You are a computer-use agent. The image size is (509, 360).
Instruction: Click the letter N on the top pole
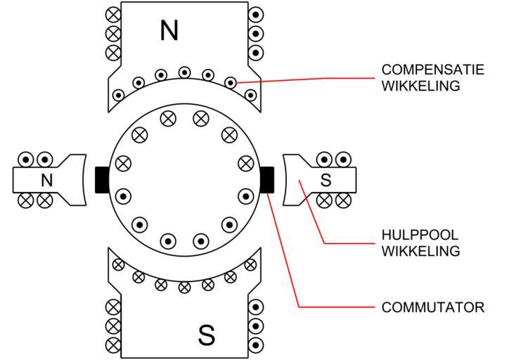pos(169,30)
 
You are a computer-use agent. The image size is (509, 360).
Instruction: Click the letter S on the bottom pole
pos(206,335)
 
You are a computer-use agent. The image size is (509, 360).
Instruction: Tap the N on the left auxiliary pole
pos(46,180)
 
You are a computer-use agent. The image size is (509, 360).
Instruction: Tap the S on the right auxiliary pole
pos(326,180)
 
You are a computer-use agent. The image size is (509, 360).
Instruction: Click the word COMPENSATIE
pos(426,70)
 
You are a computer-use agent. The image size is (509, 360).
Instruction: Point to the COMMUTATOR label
pos(432,307)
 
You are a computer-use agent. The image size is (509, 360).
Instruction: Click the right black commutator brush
pos(267,179)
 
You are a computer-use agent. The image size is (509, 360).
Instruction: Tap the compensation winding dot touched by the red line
pos(231,82)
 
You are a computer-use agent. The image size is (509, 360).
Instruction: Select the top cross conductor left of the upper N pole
pos(112,14)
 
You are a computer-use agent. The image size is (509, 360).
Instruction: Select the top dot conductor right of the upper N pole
pos(257,14)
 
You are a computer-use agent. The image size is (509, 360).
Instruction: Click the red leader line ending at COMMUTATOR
pos(337,307)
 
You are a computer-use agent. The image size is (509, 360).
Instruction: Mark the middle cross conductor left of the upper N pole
pos(112,33)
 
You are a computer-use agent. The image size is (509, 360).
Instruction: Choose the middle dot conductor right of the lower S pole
pos(257,326)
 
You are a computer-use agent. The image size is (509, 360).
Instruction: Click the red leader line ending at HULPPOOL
pos(352,243)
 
